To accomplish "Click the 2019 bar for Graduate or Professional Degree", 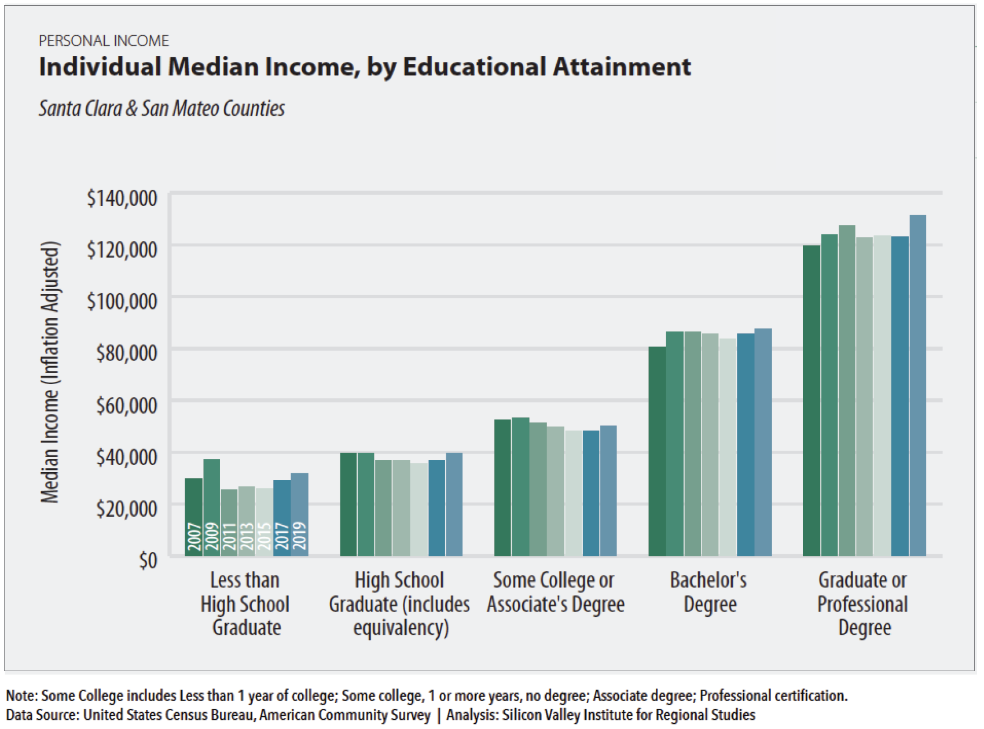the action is (917, 385).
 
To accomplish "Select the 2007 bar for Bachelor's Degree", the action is (657, 451).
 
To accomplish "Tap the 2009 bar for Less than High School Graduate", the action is (211, 507).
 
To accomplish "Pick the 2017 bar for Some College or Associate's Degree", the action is (591, 494).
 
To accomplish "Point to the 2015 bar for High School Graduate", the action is (419, 509).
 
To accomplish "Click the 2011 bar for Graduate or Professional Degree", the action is (847, 391).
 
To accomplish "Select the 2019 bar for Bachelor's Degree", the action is (763, 443).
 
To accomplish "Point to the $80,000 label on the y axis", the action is (127, 352).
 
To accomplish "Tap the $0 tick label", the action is (148, 560).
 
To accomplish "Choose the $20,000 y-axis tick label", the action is (127, 509).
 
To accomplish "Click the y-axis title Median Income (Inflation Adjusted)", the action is (50, 372).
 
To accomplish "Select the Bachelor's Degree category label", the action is (709, 592).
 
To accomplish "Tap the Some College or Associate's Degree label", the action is (555, 592).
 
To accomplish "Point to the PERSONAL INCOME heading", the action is (104, 41).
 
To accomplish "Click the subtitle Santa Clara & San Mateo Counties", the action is (161, 108).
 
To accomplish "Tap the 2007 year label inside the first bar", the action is (194, 536).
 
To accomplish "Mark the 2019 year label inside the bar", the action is (300, 536).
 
